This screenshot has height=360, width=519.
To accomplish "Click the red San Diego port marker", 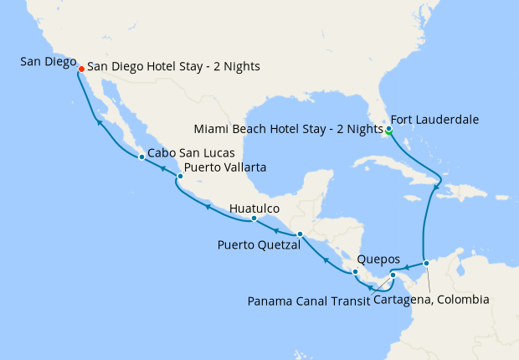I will point(81,69).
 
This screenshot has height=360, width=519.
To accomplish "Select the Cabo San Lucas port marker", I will point(141,157).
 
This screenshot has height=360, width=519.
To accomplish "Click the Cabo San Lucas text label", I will point(188,154).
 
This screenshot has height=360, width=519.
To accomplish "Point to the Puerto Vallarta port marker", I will point(180,177).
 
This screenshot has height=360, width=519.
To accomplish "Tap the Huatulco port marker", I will point(254,219).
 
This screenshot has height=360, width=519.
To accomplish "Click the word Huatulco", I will point(254,207).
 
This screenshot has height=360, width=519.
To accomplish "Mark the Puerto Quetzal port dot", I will point(300,234).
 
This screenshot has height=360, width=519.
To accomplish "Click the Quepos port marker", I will point(356,271).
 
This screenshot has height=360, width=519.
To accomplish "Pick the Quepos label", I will point(378,259).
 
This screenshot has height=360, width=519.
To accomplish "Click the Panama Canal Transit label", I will point(309,299).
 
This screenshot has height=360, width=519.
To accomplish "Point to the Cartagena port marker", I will point(426,263).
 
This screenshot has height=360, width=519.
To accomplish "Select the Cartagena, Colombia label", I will point(431,299).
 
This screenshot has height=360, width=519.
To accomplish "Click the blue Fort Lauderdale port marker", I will point(389,129).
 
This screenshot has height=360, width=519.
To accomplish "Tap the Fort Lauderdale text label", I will point(434,120).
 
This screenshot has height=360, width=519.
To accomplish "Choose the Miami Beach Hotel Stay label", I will point(287,130).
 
